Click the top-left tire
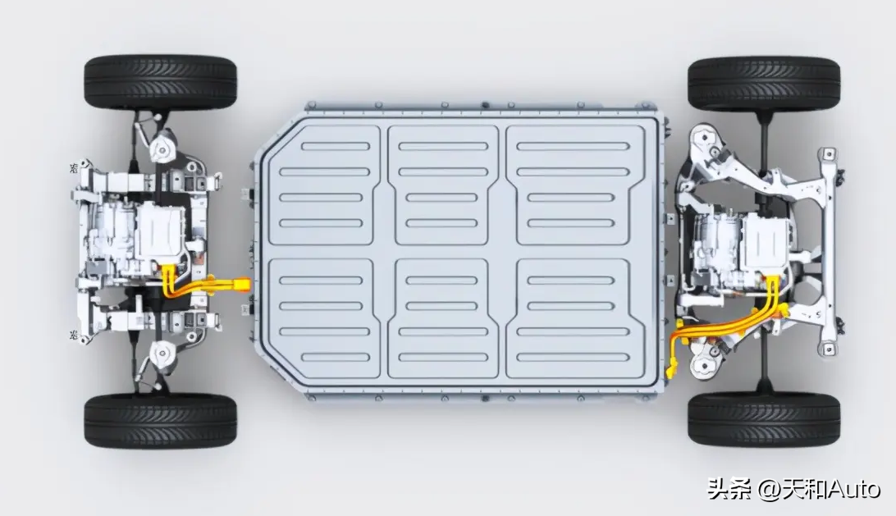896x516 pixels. tap(160, 84)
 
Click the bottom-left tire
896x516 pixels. tap(160, 420)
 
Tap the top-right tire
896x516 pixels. tap(764, 84)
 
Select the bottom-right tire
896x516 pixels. tap(764, 419)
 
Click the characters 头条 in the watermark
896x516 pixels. tap(729, 490)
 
